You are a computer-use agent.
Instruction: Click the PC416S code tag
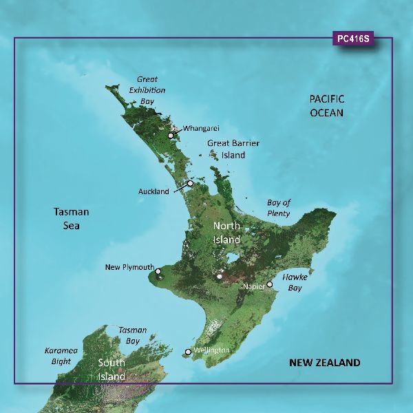(x=353, y=39)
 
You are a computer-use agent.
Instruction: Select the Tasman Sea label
(x=72, y=218)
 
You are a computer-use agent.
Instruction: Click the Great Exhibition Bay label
(x=147, y=90)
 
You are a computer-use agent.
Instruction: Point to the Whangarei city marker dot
(x=171, y=136)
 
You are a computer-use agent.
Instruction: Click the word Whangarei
(x=200, y=129)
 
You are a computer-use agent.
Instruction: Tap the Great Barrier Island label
(x=226, y=149)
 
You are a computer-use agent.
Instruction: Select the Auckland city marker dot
(x=190, y=183)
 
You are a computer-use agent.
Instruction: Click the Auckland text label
(x=153, y=192)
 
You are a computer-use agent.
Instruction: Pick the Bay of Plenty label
(x=279, y=208)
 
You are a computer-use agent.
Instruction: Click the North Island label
(x=226, y=233)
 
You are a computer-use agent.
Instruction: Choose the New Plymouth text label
(x=129, y=267)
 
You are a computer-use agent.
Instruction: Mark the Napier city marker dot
(x=270, y=284)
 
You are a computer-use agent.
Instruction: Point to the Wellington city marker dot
(x=187, y=353)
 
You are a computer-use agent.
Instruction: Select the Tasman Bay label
(x=129, y=336)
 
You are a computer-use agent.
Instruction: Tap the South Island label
(x=111, y=370)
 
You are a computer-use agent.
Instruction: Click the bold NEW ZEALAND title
(x=324, y=363)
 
